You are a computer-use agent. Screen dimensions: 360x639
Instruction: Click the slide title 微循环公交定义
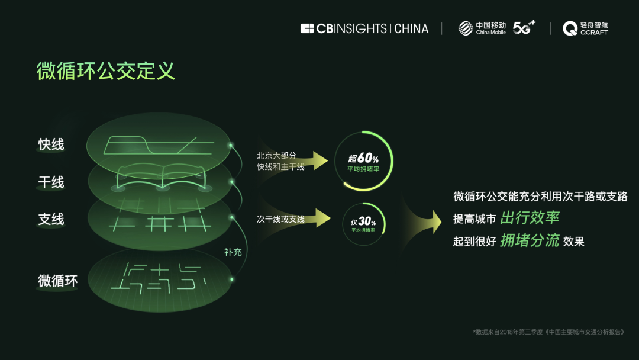[106, 71]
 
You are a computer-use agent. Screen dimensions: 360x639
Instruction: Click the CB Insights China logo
[364, 28]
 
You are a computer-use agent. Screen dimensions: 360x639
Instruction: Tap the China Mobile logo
[482, 28]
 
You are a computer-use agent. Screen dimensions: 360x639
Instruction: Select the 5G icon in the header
[524, 27]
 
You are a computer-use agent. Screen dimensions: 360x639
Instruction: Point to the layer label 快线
[51, 144]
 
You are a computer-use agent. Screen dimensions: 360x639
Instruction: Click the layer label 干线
[51, 182]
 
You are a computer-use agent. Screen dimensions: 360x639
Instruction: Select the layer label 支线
[51, 220]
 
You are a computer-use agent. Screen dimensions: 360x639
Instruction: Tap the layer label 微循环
[58, 281]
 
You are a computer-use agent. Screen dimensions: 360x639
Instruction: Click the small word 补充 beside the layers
[233, 252]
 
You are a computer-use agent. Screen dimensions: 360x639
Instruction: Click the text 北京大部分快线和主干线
[280, 161]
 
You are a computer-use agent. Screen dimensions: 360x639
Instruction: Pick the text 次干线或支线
[280, 219]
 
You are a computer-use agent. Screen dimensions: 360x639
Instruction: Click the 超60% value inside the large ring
[363, 159]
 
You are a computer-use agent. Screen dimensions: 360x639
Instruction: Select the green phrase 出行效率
[530, 218]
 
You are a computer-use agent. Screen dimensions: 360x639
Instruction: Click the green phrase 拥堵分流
[530, 240]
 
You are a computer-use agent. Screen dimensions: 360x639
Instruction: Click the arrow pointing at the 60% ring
[320, 160]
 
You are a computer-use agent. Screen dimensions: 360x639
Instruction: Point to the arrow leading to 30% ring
[320, 218]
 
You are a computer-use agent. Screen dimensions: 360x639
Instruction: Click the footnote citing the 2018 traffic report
[548, 332]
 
